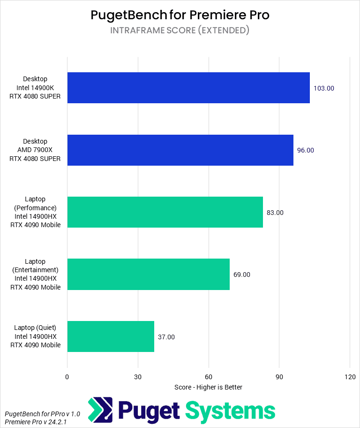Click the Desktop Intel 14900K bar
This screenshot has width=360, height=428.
pos(188,88)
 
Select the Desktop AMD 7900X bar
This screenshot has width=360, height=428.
pos(180,150)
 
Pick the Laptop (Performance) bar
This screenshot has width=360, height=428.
pos(165,212)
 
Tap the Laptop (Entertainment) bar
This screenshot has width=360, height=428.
pos(148,275)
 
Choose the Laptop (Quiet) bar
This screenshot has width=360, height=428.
pos(111,336)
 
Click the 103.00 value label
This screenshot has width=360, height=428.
pos(324,88)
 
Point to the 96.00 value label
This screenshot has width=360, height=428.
pos(306,150)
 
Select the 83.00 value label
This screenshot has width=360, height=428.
pos(275,213)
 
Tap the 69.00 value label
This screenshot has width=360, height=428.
pos(242,275)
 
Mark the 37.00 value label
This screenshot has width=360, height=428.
pos(166,337)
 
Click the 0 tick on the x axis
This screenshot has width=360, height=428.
pos(67,377)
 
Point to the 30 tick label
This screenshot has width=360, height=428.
pos(138,377)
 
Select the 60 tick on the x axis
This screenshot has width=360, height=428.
pos(209,377)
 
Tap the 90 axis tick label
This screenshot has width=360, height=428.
pos(279,377)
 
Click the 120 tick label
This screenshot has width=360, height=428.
pos(350,377)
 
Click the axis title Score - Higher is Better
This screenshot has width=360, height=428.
pos(208,387)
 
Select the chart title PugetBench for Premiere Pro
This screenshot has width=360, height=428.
pos(180,15)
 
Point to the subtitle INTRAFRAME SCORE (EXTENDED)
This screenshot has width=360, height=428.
pos(180,31)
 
